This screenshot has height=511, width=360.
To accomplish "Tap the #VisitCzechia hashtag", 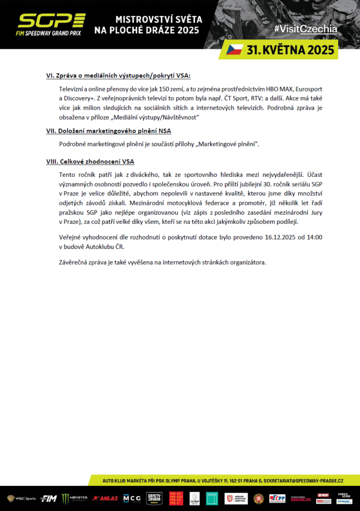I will pos(305,29).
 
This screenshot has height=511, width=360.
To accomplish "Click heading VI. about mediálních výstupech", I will pos(118,76).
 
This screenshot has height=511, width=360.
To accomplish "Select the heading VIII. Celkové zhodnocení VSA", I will pos(90,161).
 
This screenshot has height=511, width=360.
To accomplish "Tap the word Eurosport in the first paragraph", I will pos(309,89).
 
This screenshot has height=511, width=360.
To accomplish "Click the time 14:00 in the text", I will pos(315,237).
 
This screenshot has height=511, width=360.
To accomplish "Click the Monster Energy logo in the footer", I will pos(75,498).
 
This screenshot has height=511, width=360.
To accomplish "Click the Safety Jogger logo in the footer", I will pos(155,498).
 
